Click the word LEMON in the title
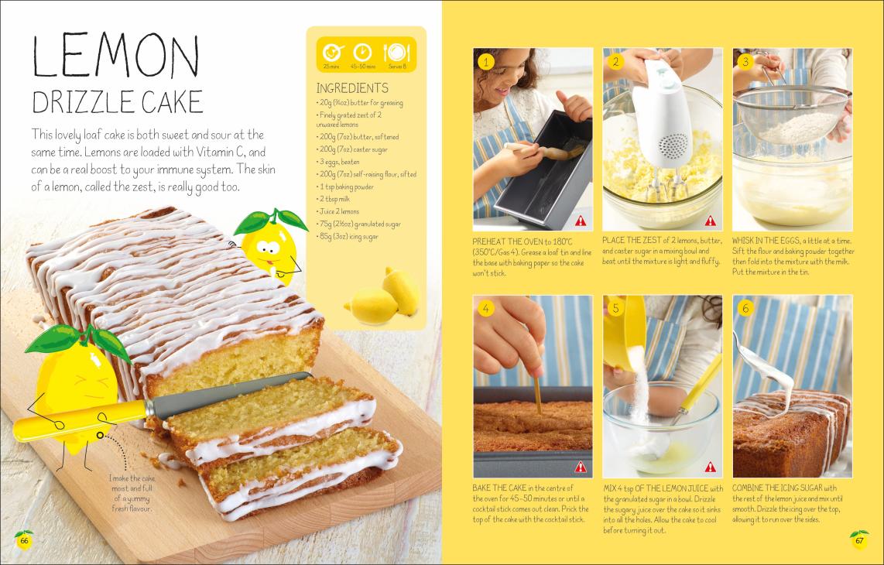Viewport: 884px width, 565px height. (115, 56)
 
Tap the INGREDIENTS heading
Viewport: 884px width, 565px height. (352, 88)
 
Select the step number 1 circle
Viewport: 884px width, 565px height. (485, 61)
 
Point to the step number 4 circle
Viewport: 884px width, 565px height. (485, 308)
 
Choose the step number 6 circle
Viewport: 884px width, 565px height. (745, 308)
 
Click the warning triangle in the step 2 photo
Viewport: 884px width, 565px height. (711, 221)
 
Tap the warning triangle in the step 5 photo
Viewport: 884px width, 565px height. (711, 467)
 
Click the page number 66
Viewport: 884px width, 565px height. (24, 541)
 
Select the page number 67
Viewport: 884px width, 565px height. (859, 541)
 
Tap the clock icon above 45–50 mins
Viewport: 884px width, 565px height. (362, 53)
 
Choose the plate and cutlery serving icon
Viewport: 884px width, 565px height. (397, 53)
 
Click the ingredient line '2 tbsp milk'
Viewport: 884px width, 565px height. (334, 199)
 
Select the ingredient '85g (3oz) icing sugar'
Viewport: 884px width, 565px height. (348, 237)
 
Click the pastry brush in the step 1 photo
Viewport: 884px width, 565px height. (545, 150)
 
